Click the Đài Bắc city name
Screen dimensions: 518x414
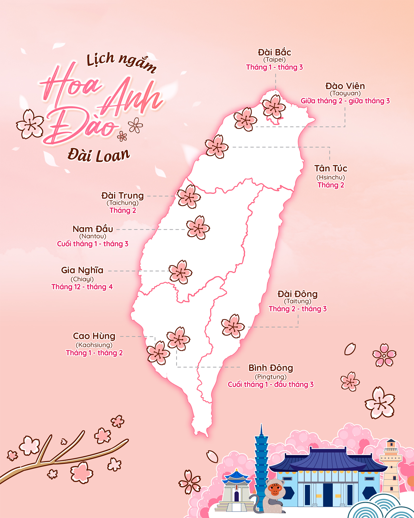[x=274, y=52]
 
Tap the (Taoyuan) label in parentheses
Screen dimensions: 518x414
[x=345, y=93]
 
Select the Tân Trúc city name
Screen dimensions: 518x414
[x=331, y=168]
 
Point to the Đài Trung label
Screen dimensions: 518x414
[x=123, y=196]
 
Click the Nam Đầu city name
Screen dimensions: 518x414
[x=93, y=229]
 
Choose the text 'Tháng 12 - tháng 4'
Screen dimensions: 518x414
[x=82, y=287]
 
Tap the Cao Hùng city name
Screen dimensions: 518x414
[x=94, y=336]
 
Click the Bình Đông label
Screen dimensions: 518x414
[x=271, y=368]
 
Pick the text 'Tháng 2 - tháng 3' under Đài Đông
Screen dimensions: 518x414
[x=297, y=309]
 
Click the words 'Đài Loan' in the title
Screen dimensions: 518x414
[x=99, y=155]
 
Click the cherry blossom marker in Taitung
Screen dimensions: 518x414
[x=233, y=326]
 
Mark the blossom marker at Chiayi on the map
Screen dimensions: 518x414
[x=180, y=272]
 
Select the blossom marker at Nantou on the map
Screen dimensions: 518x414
[x=198, y=228]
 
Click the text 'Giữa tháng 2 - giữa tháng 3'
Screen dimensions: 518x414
[x=345, y=101]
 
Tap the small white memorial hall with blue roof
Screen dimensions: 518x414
[x=236, y=490]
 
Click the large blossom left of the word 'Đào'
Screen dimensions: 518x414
[x=30, y=124]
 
